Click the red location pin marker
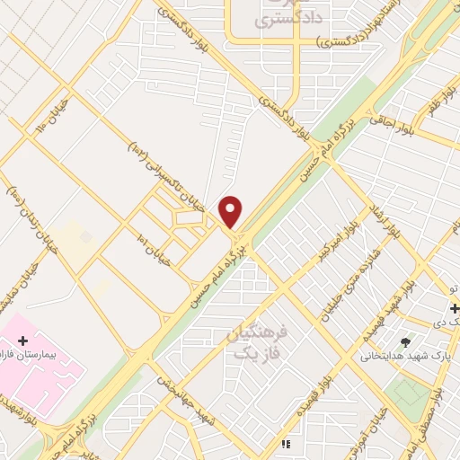231,212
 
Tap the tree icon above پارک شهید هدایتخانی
406,341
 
